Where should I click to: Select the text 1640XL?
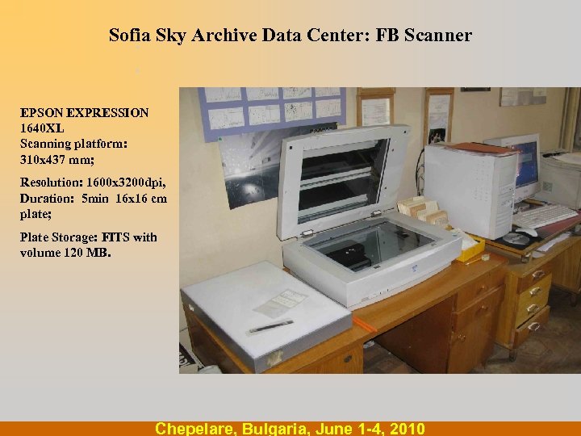coord(43,128)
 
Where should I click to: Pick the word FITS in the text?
coord(115,237)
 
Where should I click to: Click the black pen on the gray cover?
coord(270,326)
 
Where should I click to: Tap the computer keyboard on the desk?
coord(544,215)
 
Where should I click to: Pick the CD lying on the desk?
coord(516,239)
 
